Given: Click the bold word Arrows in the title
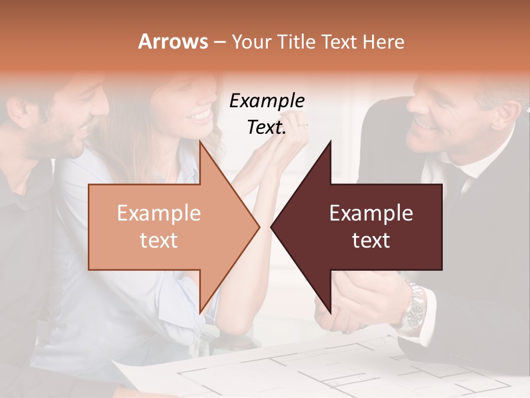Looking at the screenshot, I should click(x=173, y=41).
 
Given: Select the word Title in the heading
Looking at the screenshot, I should click(x=298, y=41).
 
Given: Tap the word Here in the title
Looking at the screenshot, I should click(x=384, y=41).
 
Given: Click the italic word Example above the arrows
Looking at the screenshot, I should click(x=267, y=101).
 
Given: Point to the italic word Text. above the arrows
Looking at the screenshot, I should click(x=267, y=127).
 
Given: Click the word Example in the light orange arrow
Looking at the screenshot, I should click(x=159, y=213).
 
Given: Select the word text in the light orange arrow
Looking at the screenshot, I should click(x=159, y=240).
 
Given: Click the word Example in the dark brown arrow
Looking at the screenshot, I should click(x=371, y=213).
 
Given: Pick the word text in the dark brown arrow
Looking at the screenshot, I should click(x=371, y=240).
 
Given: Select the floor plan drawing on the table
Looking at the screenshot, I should click(x=331, y=370).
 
